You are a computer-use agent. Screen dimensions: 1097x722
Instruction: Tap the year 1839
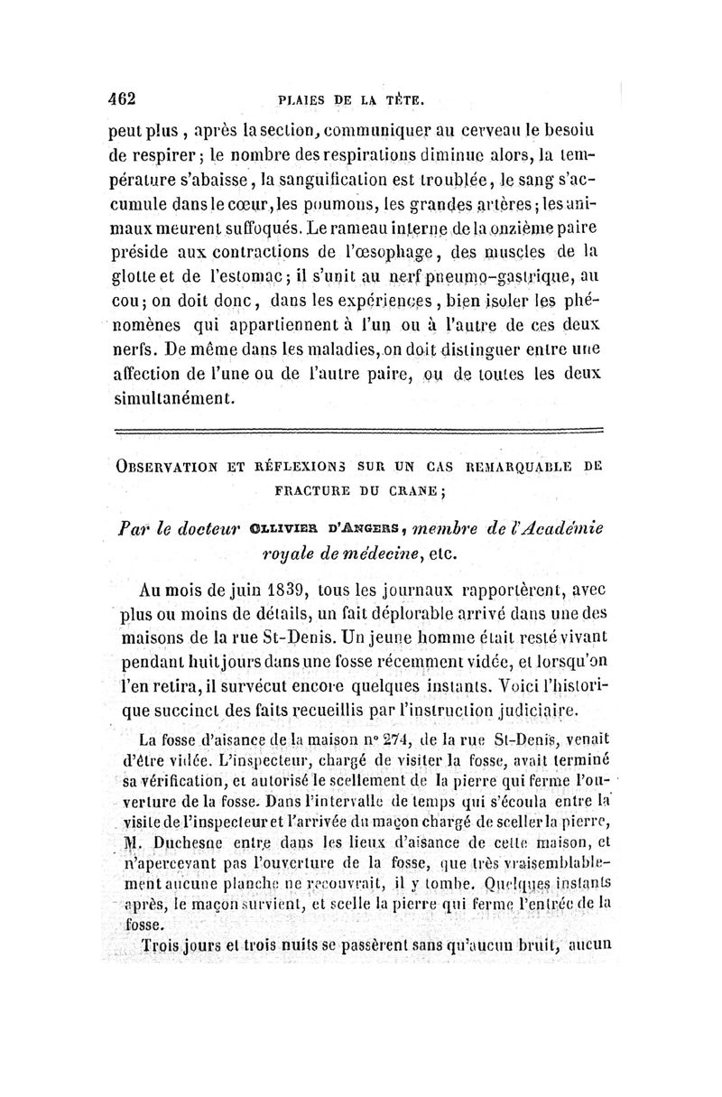click(298, 591)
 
